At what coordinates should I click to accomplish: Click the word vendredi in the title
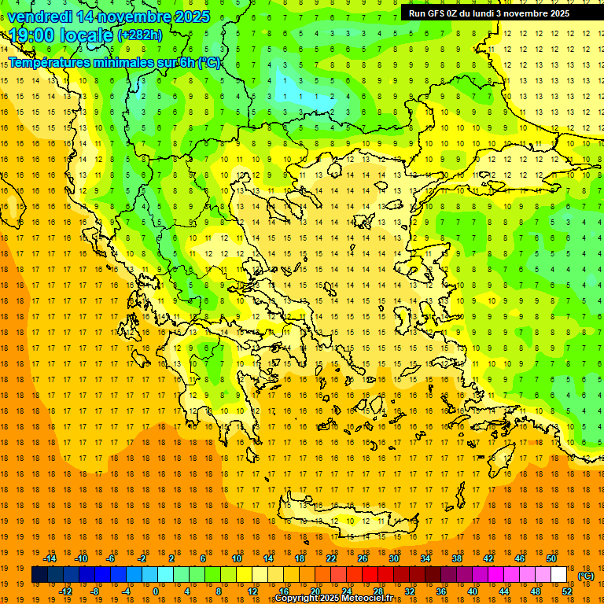pyautogui.click(x=40, y=17)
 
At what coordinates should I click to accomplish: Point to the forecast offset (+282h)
pyautogui.click(x=140, y=35)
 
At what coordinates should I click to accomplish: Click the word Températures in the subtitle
pyautogui.click(x=50, y=62)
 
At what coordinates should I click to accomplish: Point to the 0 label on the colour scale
pyautogui.click(x=155, y=591)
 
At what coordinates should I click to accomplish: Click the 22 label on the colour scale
pyautogui.click(x=331, y=558)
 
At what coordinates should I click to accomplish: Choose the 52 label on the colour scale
pyautogui.click(x=567, y=591)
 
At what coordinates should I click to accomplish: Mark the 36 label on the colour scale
pyautogui.click(x=441, y=591)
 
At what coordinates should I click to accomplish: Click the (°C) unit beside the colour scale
pyautogui.click(x=586, y=576)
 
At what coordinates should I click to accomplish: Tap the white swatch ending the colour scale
pyautogui.click(x=559, y=575)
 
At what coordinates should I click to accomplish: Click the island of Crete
pyautogui.click(x=354, y=520)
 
